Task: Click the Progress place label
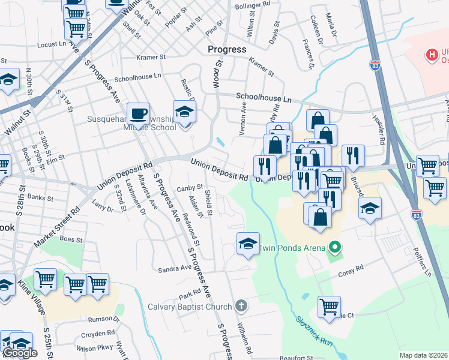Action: tap(227, 49)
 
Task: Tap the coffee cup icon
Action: tap(138, 113)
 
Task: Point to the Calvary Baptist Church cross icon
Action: tap(241, 306)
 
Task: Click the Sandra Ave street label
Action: tap(173, 269)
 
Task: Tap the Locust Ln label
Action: tap(51, 44)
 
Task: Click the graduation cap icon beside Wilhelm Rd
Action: tap(248, 243)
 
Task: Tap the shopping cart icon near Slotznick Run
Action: tap(329, 307)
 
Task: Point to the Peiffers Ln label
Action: tap(426, 263)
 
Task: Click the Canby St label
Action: tap(190, 188)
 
